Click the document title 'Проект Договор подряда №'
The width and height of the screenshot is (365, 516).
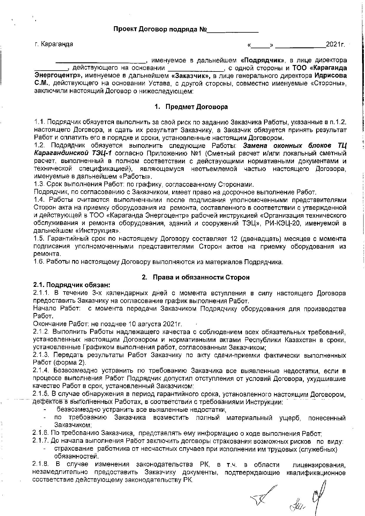pos(160,29)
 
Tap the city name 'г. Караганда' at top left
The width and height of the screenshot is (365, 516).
pos(54,44)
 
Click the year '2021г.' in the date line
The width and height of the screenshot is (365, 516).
pos(335,44)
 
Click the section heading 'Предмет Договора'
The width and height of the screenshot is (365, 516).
pos(196,107)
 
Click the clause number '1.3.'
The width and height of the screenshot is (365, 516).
pos(39,185)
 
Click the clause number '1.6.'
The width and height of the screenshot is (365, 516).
pos(39,262)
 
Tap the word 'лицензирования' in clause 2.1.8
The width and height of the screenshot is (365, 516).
pos(318,465)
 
